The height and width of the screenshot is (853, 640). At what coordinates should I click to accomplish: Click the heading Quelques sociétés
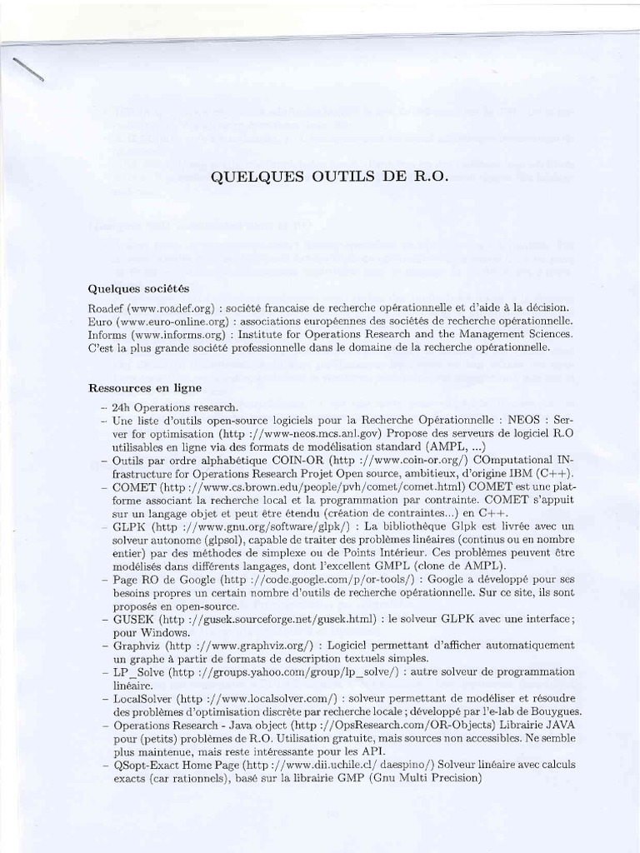tap(138, 288)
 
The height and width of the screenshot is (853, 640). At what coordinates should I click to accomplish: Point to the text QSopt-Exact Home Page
tap(172, 764)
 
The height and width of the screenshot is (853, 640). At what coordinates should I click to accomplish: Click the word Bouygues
tap(553, 711)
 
